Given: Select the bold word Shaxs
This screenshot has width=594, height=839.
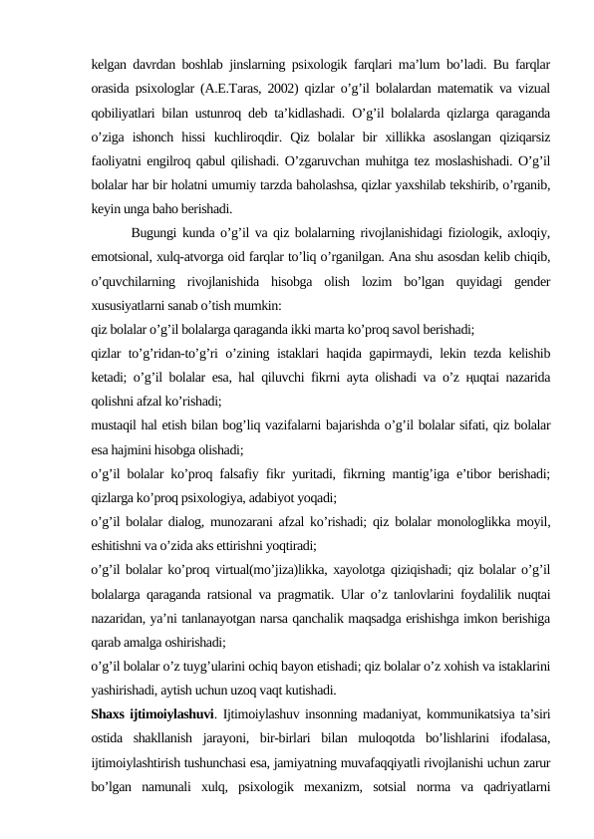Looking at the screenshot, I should (x=107, y=713).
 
